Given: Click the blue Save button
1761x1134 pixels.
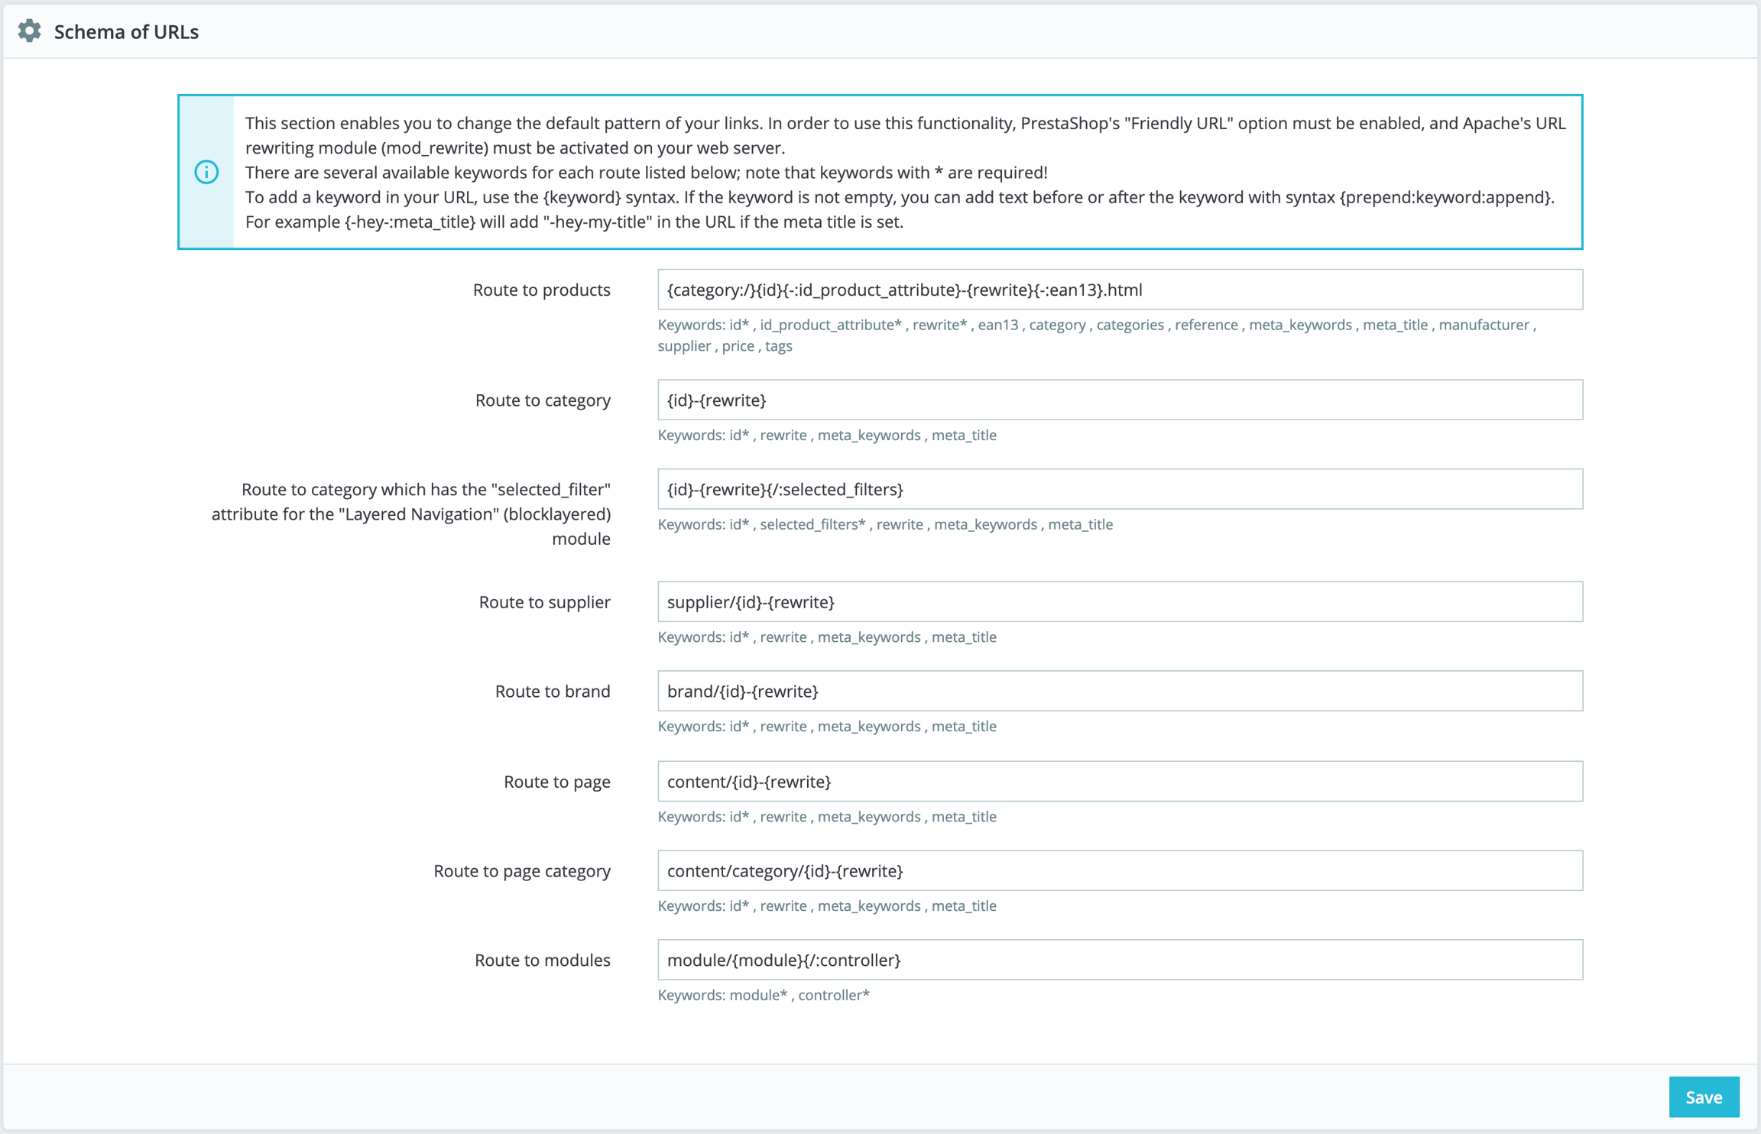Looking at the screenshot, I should tap(1703, 1097).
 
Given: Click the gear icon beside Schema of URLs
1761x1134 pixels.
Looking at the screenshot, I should tap(30, 31).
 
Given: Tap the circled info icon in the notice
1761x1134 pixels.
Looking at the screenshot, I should tap(206, 172).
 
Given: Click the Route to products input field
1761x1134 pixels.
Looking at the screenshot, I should tap(1119, 290).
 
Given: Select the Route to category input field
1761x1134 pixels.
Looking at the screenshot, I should tap(1119, 400).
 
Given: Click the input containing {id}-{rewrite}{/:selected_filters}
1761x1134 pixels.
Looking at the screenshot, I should tap(1119, 489).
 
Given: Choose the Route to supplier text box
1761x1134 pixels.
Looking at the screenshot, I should tap(1119, 601).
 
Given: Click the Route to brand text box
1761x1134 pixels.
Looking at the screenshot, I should tap(1119, 691).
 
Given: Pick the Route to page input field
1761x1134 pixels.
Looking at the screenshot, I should tap(1119, 781).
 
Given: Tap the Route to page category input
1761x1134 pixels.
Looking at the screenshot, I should tap(1119, 870).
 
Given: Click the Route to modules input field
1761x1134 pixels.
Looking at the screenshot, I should tap(1119, 960).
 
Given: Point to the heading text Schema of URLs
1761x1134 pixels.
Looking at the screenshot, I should tap(126, 32).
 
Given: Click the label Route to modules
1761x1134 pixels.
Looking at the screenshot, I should tap(542, 960).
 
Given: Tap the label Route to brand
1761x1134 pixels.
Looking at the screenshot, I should tap(552, 691).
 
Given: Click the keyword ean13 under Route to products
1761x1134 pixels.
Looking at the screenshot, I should tap(997, 325).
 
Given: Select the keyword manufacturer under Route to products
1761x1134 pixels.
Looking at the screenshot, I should tap(1483, 325).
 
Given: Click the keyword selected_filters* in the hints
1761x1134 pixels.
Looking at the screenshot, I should tap(812, 524).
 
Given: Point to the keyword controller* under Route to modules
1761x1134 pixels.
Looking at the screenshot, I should tap(833, 995).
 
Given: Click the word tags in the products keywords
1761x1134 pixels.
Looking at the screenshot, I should tap(778, 346).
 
